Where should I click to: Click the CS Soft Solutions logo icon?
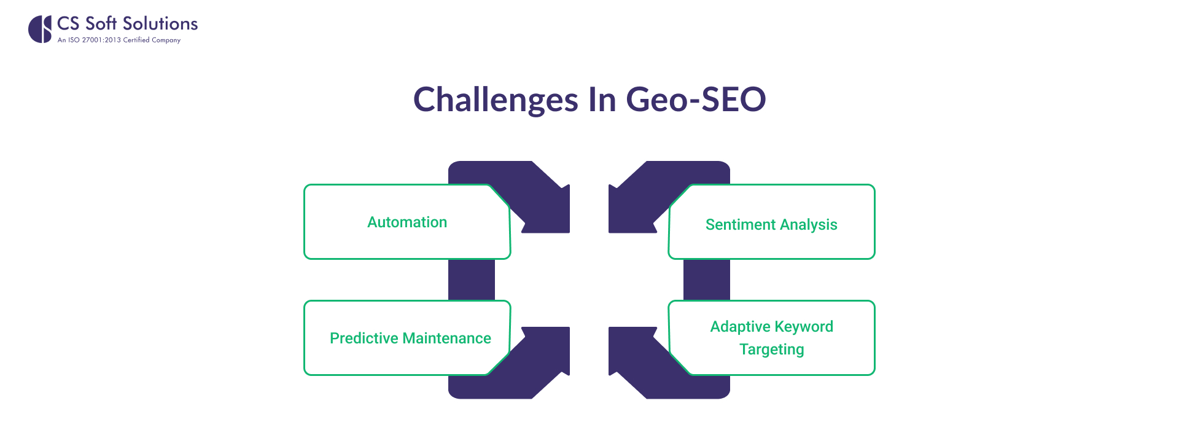pyautogui.click(x=40, y=29)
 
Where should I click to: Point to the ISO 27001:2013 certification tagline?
pyautogui.click(x=119, y=40)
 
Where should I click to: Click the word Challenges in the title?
pyautogui.click(x=496, y=100)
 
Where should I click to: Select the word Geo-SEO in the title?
pyautogui.click(x=696, y=100)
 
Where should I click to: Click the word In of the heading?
pyautogui.click(x=602, y=100)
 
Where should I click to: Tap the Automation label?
pyautogui.click(x=407, y=222)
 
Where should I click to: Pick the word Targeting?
pyautogui.click(x=772, y=350)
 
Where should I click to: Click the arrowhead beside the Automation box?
pyautogui.click(x=550, y=212)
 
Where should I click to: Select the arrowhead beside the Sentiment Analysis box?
pyautogui.click(x=629, y=212)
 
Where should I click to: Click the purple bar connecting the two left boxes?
pyautogui.click(x=472, y=279)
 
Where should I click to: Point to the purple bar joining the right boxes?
pyautogui.click(x=707, y=279)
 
